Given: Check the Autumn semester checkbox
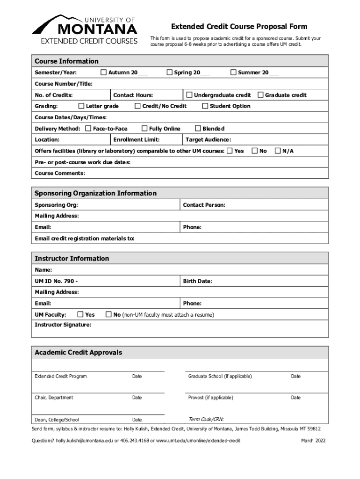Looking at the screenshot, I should click(x=104, y=73).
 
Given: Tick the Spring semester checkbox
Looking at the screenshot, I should click(x=170, y=73).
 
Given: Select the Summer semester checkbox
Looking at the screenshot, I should click(x=233, y=73).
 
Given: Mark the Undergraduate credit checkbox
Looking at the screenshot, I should click(x=189, y=95).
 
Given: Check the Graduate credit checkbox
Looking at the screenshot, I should click(x=260, y=95).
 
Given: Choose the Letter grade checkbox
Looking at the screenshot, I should click(x=81, y=106).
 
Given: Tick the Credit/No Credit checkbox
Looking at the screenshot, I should click(x=137, y=106).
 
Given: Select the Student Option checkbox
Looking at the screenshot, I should click(x=205, y=106).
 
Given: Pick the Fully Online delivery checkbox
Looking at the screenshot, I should click(x=144, y=128).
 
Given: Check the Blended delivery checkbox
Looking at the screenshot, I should click(x=198, y=128).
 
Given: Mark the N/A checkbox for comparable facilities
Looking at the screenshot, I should click(x=278, y=151).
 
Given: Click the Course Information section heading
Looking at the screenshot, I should click(x=66, y=61).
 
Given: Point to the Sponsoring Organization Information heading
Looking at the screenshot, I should click(x=95, y=193).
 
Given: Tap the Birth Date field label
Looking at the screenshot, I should click(x=197, y=281).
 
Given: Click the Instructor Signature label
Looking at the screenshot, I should click(x=63, y=324).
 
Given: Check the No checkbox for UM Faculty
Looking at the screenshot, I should click(x=109, y=315).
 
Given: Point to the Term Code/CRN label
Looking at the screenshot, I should click(x=206, y=419).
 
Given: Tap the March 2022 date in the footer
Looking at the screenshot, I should click(x=313, y=441).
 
